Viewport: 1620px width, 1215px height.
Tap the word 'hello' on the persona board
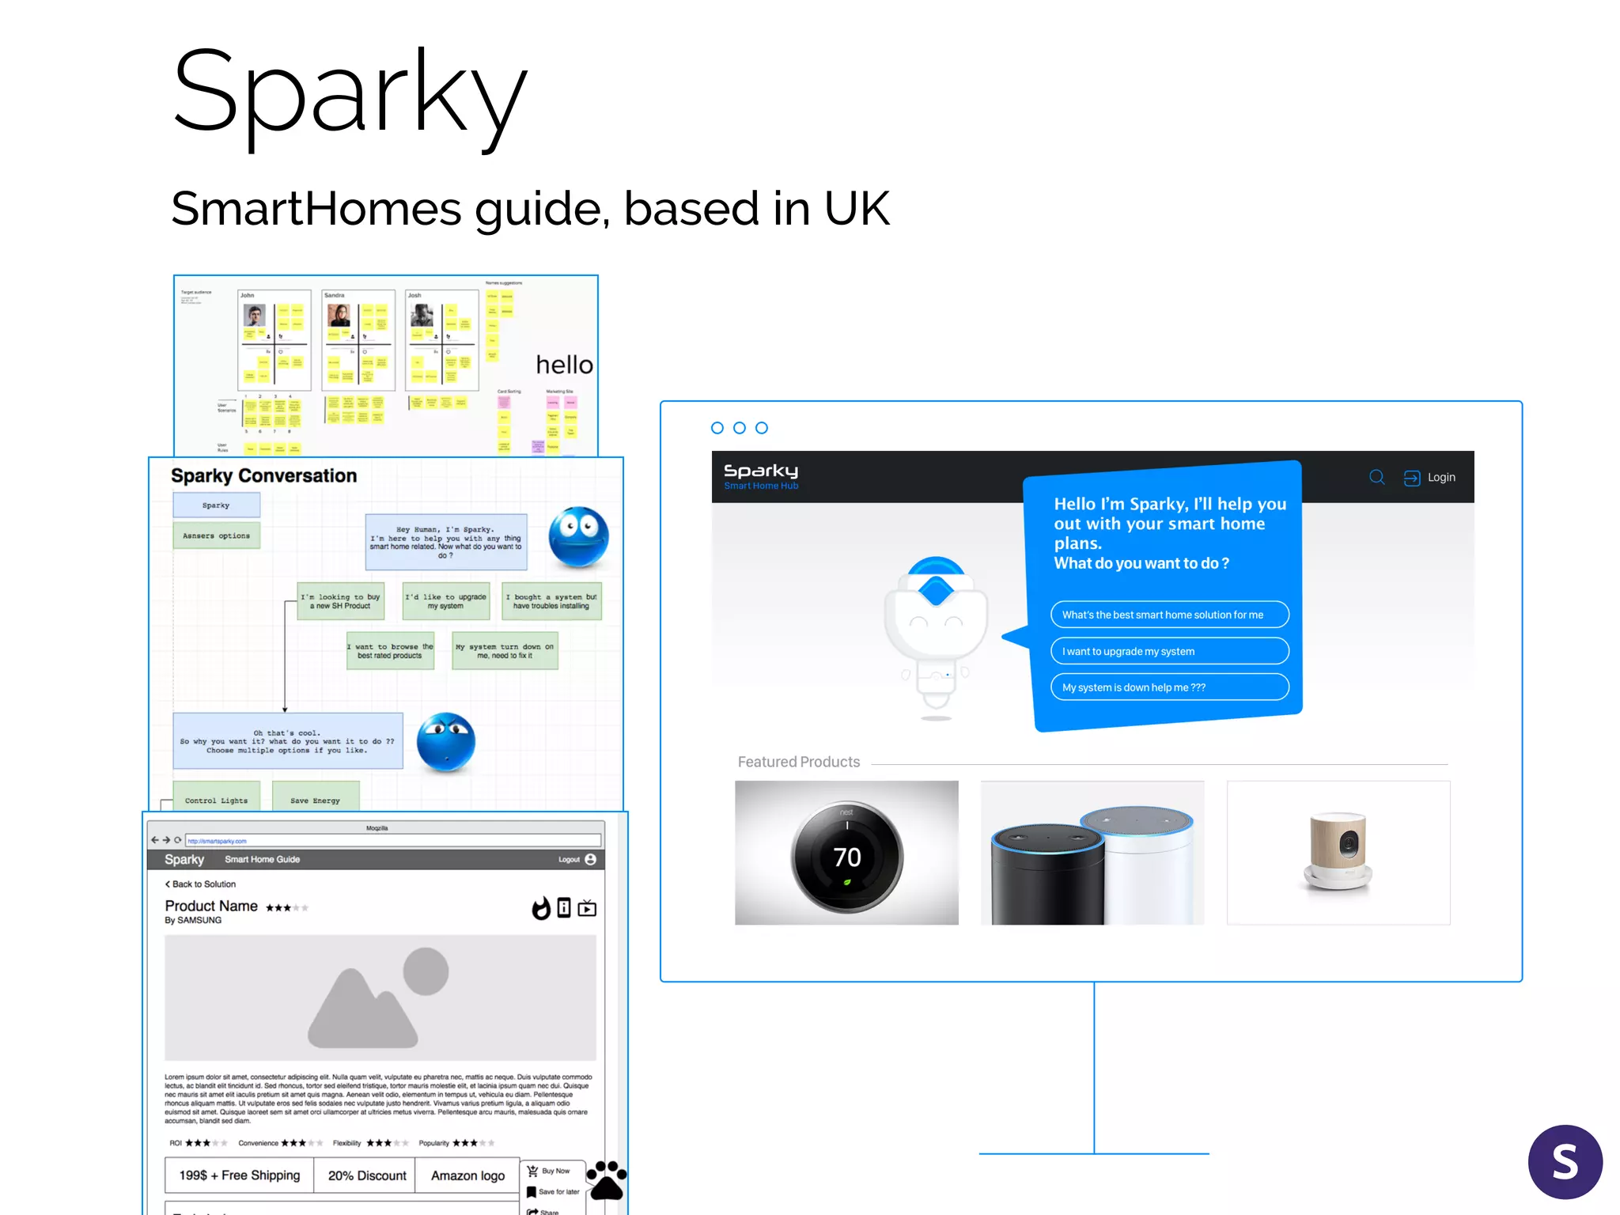click(564, 365)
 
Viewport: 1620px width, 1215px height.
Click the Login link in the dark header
click(1440, 478)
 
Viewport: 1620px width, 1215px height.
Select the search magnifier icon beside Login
click(1377, 477)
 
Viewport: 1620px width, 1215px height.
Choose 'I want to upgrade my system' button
click(1169, 651)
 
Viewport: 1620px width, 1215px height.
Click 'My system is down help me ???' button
click(1169, 687)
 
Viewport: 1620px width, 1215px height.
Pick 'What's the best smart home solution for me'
click(1169, 615)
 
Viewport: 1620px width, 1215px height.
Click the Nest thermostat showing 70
click(846, 857)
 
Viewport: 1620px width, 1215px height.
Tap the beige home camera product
click(1338, 851)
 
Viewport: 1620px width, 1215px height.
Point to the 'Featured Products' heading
click(798, 762)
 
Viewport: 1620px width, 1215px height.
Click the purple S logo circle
click(1565, 1161)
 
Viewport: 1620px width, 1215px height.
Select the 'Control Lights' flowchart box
click(216, 800)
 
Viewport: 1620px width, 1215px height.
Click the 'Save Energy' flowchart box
click(315, 800)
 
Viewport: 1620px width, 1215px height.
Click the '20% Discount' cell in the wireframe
click(367, 1175)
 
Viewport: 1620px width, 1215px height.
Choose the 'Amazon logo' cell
click(467, 1175)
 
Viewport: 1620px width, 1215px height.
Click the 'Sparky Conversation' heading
click(263, 475)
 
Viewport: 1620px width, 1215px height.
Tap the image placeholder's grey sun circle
click(426, 971)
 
